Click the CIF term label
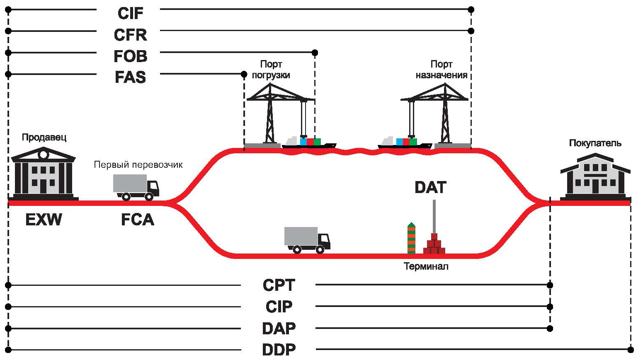pyautogui.click(x=130, y=13)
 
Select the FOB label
pyautogui.click(x=130, y=56)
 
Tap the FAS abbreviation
pyautogui.click(x=130, y=77)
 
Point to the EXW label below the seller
pyautogui.click(x=44, y=220)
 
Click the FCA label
pyautogui.click(x=138, y=220)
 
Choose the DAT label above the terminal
pyautogui.click(x=430, y=187)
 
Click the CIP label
pyautogui.click(x=279, y=307)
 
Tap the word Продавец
pyautogui.click(x=44, y=138)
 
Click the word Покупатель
pyautogui.click(x=595, y=143)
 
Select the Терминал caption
pyautogui.click(x=426, y=266)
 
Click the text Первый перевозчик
pyautogui.click(x=138, y=164)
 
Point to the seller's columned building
pyautogui.click(x=44, y=174)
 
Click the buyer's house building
pyautogui.click(x=596, y=176)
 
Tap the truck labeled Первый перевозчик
pyautogui.click(x=136, y=187)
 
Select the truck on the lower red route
pyautogui.click(x=308, y=240)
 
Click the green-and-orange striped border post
pyautogui.click(x=411, y=238)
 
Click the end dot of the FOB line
pyautogui.click(x=315, y=53)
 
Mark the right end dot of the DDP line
pyautogui.click(x=631, y=350)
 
